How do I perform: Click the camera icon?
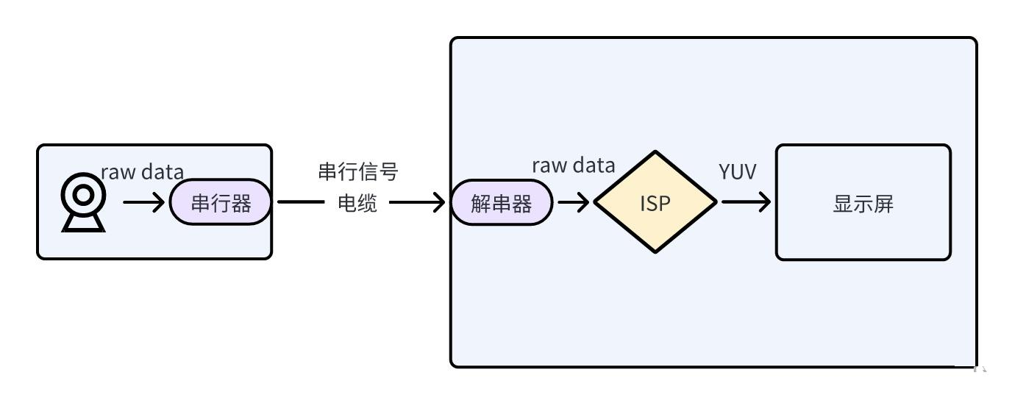point(83,202)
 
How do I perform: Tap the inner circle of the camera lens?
point(83,195)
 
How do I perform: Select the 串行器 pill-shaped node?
point(221,202)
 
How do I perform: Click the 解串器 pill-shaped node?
point(502,202)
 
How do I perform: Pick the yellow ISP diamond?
point(655,202)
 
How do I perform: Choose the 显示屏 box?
point(863,202)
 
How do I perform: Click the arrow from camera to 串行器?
point(143,202)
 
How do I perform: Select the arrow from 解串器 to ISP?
point(574,202)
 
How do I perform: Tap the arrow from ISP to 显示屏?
point(746,202)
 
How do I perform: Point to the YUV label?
point(738,171)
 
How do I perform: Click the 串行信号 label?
point(358,171)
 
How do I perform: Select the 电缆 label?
point(357,203)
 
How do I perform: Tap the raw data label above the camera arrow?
point(143,172)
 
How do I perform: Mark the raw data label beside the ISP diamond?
point(574,165)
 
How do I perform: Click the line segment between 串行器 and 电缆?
point(301,202)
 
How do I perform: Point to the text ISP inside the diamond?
point(655,203)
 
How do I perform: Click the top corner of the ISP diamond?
point(655,151)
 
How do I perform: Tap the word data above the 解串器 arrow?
point(594,165)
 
